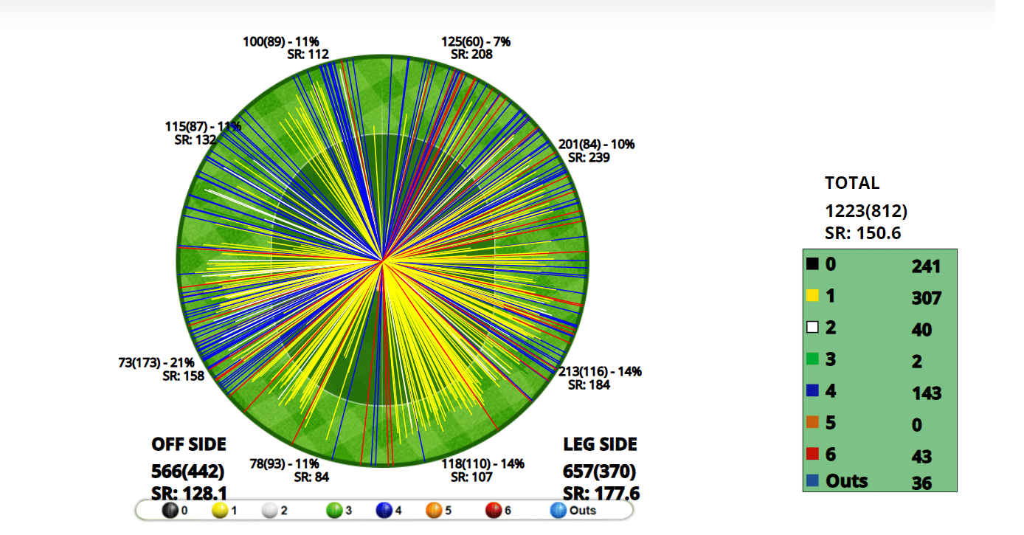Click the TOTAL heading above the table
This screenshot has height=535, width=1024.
[852, 183]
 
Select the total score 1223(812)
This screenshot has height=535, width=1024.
[866, 211]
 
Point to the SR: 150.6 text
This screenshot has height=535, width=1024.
[863, 234]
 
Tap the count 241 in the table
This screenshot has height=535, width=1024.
[926, 266]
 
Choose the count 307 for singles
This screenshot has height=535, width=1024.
[926, 298]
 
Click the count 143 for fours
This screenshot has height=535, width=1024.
[926, 393]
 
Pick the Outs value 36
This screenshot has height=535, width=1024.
[921, 483]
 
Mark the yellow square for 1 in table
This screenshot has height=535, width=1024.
[813, 296]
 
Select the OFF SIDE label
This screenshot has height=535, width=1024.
[189, 444]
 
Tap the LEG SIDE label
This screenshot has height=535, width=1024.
[600, 444]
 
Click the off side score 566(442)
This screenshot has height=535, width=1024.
[188, 471]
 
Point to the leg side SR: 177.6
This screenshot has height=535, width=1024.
[601, 494]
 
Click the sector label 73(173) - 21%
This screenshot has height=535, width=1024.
[156, 363]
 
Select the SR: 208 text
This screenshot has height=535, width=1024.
[472, 54]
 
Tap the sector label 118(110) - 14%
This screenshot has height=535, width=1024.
[482, 463]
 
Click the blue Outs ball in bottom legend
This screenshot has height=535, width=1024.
[558, 510]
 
